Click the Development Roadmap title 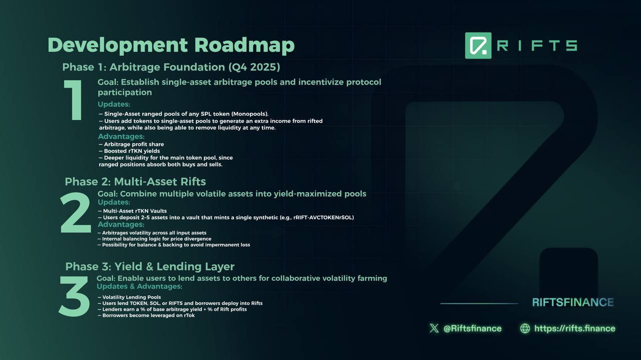pos(171,45)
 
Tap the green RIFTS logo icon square pos(478,46)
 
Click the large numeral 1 pos(74,100)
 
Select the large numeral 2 pos(76,213)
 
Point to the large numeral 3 pos(74,296)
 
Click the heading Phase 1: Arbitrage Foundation pos(171,67)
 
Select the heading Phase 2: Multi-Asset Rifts pos(135,182)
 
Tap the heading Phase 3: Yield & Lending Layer pos(150,267)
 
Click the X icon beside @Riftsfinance pos(434,328)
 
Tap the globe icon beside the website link pos(525,328)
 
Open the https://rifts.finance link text pos(575,328)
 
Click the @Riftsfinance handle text pos(472,328)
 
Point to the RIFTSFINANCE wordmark pos(573,302)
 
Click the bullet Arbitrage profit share pos(131,144)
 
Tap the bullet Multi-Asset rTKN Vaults pos(132,211)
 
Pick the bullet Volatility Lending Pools pos(129,297)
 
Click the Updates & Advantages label pos(139,286)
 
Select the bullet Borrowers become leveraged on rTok pos(146,315)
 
